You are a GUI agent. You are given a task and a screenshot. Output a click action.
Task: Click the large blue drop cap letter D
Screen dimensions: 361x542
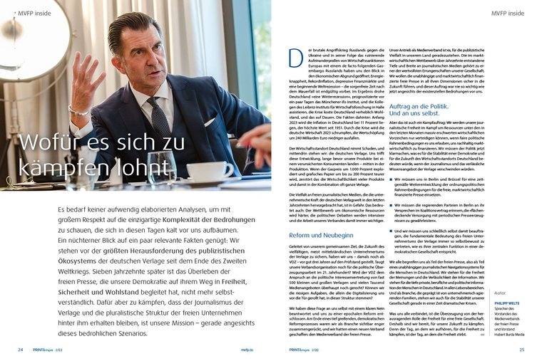click(295, 58)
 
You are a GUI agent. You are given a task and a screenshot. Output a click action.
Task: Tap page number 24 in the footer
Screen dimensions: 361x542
click(21, 350)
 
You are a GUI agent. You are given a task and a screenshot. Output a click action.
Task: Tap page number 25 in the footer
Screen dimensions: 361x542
click(521, 350)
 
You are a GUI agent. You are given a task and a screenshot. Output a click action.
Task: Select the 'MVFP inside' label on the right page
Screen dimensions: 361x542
click(507, 13)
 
